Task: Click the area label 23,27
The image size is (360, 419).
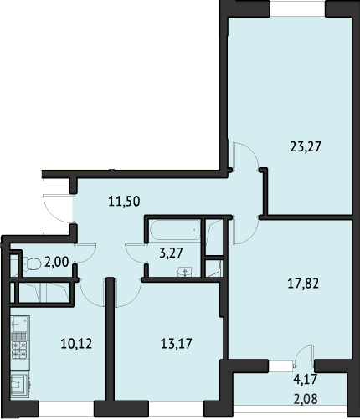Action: pyautogui.click(x=306, y=146)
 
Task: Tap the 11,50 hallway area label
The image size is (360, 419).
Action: pyautogui.click(x=124, y=201)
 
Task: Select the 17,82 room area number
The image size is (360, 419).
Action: pyautogui.click(x=303, y=284)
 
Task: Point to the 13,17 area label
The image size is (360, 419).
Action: pyautogui.click(x=177, y=344)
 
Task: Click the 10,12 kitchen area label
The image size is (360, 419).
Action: pyautogui.click(x=76, y=344)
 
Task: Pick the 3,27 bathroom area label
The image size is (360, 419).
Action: pyautogui.click(x=171, y=253)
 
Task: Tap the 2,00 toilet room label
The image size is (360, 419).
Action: pyautogui.click(x=57, y=263)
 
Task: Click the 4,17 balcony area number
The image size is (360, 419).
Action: pyautogui.click(x=306, y=379)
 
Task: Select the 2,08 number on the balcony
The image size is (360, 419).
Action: pyautogui.click(x=306, y=399)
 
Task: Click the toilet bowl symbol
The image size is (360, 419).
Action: pyautogui.click(x=31, y=263)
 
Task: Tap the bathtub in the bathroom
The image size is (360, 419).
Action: pyautogui.click(x=175, y=230)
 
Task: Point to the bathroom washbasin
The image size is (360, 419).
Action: pyautogui.click(x=185, y=272)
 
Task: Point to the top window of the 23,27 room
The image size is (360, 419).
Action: pyautogui.click(x=297, y=8)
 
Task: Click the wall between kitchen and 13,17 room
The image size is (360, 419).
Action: pyautogui.click(x=111, y=340)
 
